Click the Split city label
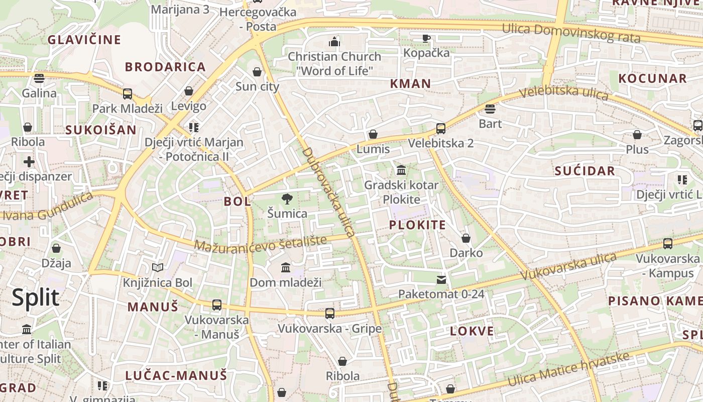[35, 297]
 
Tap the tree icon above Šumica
[287, 199]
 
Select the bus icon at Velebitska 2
[440, 129]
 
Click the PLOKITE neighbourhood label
[417, 225]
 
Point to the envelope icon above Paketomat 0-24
[441, 280]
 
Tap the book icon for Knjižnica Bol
[158, 268]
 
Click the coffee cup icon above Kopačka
[426, 38]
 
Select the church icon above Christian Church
[334, 41]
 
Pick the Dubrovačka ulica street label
[329, 191]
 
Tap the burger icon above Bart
[490, 109]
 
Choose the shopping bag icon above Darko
[466, 238]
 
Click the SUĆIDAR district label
[584, 171]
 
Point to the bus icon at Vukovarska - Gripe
[329, 314]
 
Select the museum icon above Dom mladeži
[286, 267]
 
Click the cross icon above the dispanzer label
[29, 162]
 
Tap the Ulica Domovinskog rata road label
[571, 33]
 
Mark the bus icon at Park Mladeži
[128, 94]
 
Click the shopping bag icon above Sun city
[257, 72]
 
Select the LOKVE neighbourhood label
[472, 331]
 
